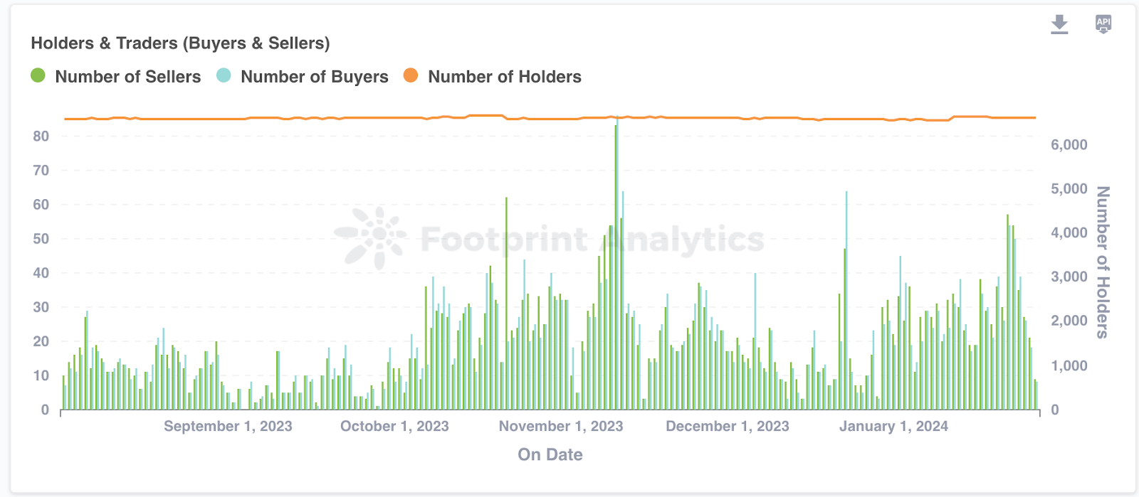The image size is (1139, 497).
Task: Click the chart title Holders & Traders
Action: pyautogui.click(x=180, y=43)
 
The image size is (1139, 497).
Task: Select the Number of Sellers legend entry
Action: pyautogui.click(x=116, y=77)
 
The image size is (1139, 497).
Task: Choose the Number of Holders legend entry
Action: pyautogui.click(x=493, y=77)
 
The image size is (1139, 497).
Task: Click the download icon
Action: pyautogui.click(x=1059, y=24)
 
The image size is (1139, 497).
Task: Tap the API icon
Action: pyautogui.click(x=1103, y=24)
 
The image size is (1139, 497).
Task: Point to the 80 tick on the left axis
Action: pyautogui.click(x=41, y=136)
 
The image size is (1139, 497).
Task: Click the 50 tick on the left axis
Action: pyautogui.click(x=41, y=239)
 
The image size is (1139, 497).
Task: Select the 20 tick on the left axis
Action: pyautogui.click(x=41, y=341)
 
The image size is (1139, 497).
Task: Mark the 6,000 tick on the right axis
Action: pyautogui.click(x=1069, y=145)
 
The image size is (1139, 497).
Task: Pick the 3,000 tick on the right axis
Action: pyautogui.click(x=1069, y=277)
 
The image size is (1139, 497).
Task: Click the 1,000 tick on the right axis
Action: pyautogui.click(x=1069, y=366)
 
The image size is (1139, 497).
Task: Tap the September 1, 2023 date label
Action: pyautogui.click(x=228, y=427)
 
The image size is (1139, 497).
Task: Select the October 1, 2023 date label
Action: pyautogui.click(x=394, y=427)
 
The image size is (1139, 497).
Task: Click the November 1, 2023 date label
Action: pyautogui.click(x=561, y=427)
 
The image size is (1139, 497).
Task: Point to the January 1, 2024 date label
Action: pyautogui.click(x=893, y=427)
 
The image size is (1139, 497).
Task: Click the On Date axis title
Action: pyautogui.click(x=550, y=455)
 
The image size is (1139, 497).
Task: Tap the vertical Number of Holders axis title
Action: pyautogui.click(x=1103, y=262)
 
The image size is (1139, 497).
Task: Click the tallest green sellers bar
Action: pyautogui.click(x=616, y=270)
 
